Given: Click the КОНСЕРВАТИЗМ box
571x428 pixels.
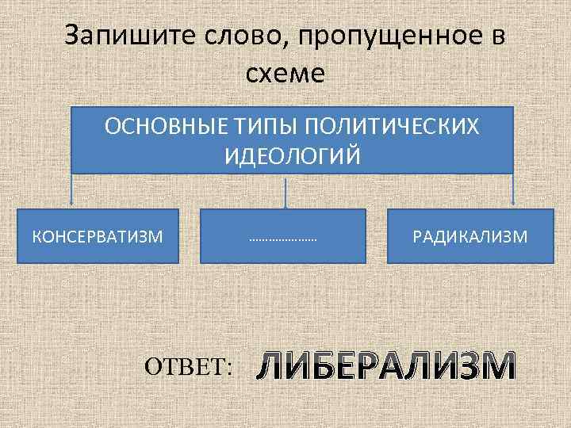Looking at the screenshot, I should coord(98,236).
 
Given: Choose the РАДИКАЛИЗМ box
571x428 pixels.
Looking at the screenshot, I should coord(470,236).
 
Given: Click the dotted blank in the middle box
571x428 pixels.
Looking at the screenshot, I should coord(282,238).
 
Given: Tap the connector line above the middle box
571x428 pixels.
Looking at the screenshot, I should coord(285,191).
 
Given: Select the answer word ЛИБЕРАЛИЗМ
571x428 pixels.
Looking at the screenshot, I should coord(386,366).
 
